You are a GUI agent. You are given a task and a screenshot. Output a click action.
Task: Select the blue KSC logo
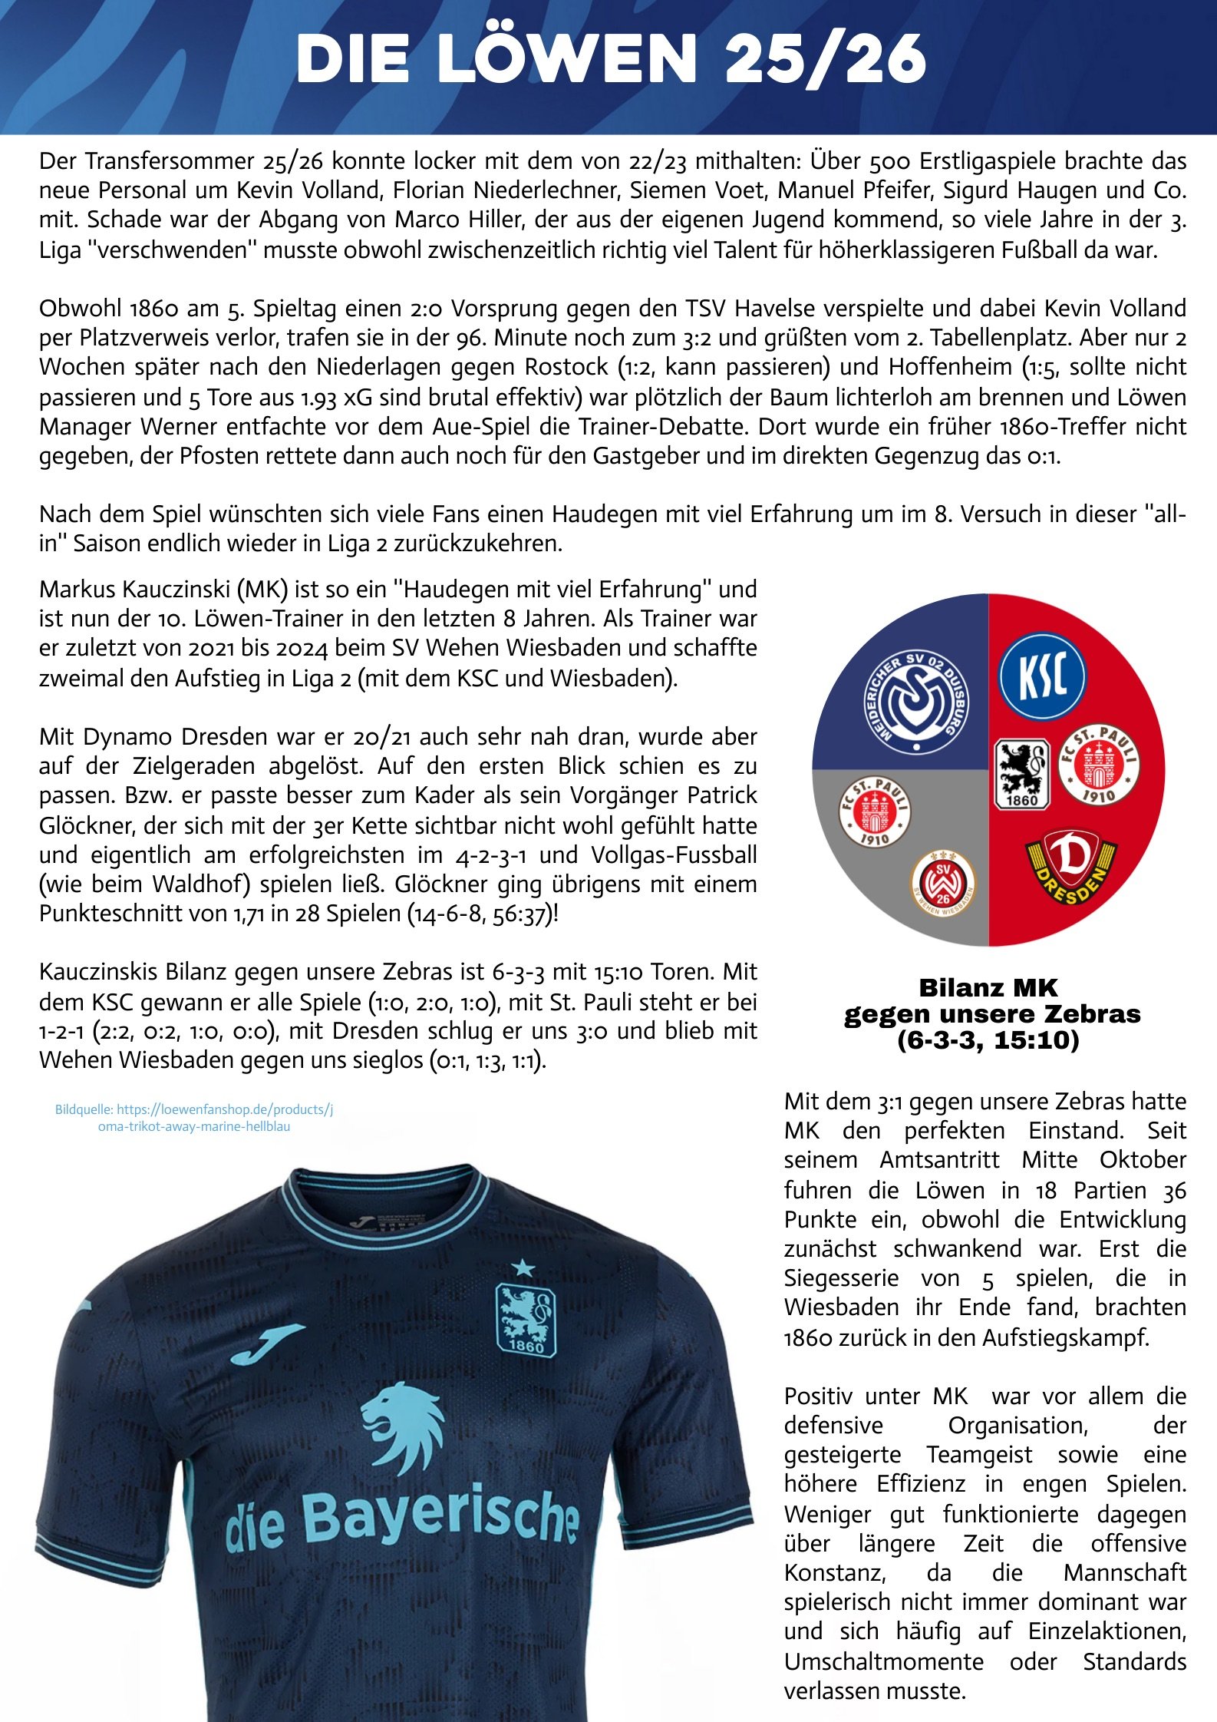[x=1042, y=676]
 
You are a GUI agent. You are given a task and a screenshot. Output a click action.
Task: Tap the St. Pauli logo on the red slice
[x=1098, y=765]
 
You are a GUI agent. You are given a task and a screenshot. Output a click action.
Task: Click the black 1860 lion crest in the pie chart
[x=1021, y=774]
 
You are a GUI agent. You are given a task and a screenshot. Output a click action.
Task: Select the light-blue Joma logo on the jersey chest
[x=266, y=1342]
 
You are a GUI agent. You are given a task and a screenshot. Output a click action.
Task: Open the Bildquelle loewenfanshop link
[x=194, y=1118]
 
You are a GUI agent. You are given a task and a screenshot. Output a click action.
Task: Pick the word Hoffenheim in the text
[x=950, y=367]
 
